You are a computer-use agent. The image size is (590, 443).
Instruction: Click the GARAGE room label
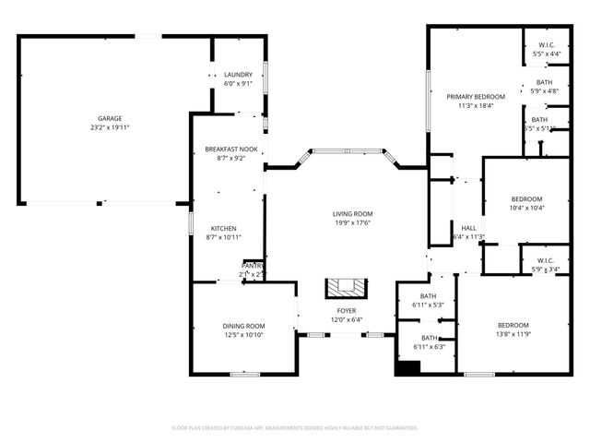click(111, 118)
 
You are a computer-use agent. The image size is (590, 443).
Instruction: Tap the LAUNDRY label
click(238, 75)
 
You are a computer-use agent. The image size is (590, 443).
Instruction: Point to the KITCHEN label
click(224, 228)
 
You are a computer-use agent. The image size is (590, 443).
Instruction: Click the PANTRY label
click(253, 266)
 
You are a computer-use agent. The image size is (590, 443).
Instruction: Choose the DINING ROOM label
click(243, 326)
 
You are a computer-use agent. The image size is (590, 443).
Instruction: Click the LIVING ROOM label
click(353, 214)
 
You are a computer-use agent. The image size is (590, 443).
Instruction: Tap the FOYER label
click(347, 311)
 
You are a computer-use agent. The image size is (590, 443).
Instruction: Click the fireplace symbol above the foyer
click(347, 287)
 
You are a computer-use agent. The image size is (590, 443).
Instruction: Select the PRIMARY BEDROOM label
click(477, 97)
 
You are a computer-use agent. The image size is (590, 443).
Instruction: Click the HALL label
click(469, 228)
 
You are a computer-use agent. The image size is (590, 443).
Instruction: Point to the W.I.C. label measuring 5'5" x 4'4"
click(547, 45)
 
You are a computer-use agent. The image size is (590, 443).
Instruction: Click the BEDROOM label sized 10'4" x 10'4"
click(527, 199)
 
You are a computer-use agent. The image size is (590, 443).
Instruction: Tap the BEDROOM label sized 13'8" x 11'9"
click(513, 325)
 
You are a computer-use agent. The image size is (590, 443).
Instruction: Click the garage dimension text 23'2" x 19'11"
click(111, 127)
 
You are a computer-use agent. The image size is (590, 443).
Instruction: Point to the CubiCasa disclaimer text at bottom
click(295, 428)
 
